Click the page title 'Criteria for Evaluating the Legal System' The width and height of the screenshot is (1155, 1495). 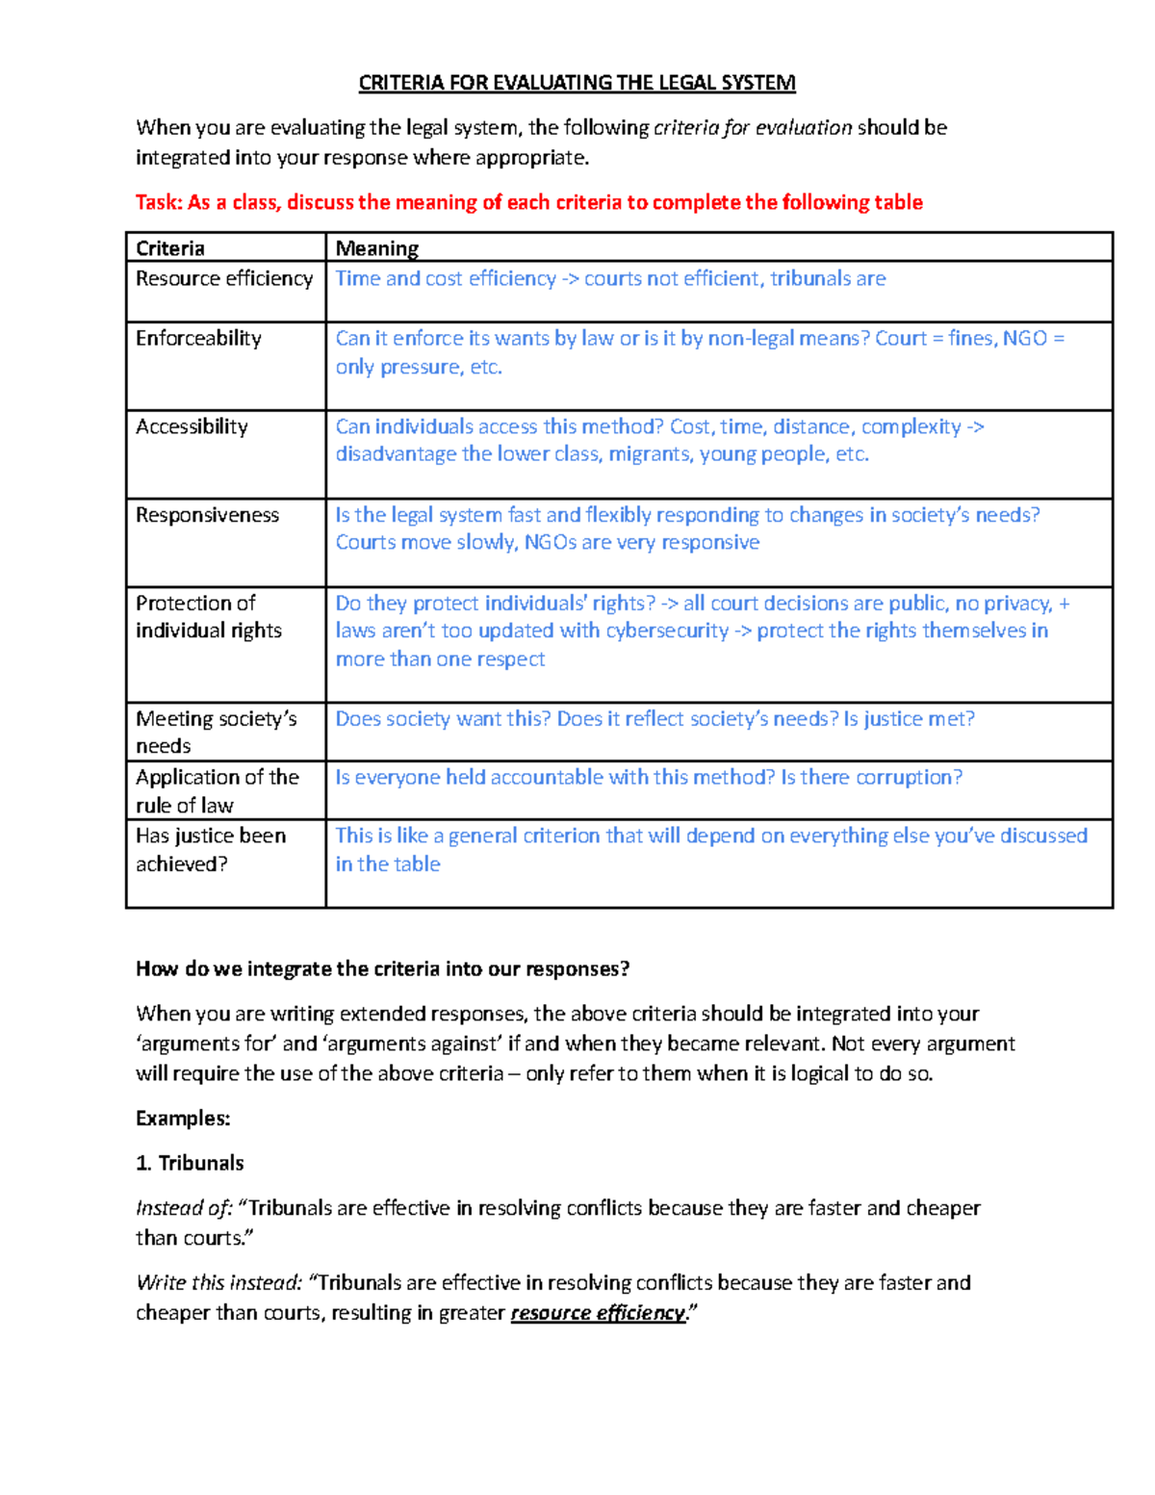[x=577, y=83]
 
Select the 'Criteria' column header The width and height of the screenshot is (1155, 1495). [x=170, y=248]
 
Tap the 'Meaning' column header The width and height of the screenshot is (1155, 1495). [x=376, y=248]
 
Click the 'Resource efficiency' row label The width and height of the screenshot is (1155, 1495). [x=224, y=278]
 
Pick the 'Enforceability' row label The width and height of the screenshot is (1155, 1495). [x=198, y=338]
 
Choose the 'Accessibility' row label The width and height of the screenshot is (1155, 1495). [x=192, y=426]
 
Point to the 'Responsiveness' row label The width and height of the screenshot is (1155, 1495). [x=207, y=515]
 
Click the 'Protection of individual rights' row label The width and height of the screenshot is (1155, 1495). [x=208, y=616]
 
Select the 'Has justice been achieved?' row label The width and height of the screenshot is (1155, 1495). [x=210, y=849]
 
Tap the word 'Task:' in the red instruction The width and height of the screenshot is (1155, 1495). [x=159, y=202]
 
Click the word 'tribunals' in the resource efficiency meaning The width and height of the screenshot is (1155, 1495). [x=809, y=278]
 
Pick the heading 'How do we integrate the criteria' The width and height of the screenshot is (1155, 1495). [x=382, y=968]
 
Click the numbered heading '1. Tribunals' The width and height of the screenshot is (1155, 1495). [x=190, y=1163]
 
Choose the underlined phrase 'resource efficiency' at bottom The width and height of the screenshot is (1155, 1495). [x=598, y=1313]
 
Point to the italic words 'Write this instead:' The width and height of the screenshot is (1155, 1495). [x=219, y=1282]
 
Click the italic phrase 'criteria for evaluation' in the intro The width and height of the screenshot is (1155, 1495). [x=753, y=127]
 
